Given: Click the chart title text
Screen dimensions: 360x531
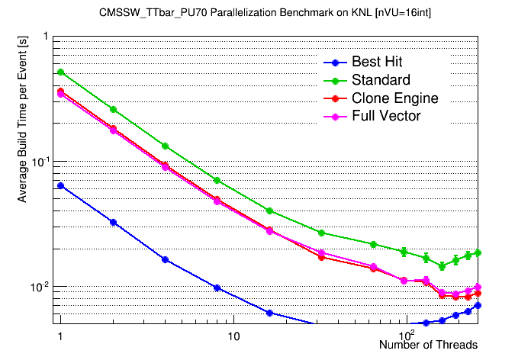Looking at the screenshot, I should click(265, 13).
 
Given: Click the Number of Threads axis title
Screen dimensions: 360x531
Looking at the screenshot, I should click(428, 345).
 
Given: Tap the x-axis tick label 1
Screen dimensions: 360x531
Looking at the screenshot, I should click(59, 336).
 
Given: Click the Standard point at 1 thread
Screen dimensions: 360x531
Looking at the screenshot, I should click(61, 72).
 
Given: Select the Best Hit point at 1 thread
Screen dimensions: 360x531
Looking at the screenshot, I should click(61, 185).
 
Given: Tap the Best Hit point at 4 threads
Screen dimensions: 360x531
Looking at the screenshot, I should click(165, 259).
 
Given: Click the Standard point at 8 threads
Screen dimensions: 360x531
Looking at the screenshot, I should click(217, 181).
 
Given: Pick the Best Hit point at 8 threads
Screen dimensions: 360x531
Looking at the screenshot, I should click(217, 288).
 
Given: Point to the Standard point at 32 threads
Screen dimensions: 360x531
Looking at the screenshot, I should click(321, 233).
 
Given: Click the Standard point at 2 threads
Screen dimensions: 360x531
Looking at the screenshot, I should click(113, 109).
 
